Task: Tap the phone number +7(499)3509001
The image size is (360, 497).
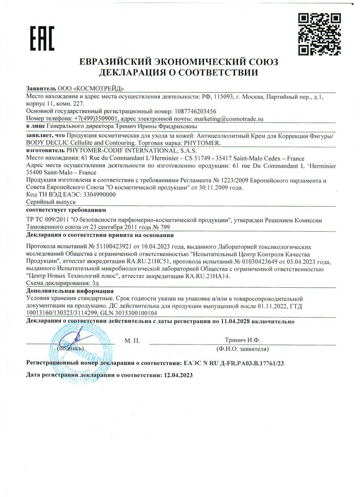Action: [x=88, y=120]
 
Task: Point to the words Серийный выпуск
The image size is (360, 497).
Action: [x=43, y=203]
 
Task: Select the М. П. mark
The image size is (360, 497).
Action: [x=134, y=341]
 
